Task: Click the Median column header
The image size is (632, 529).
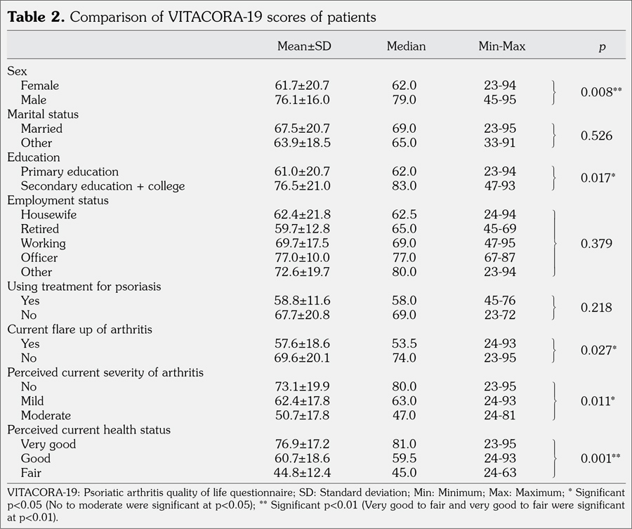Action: (x=406, y=46)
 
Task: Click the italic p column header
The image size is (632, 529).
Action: (x=602, y=47)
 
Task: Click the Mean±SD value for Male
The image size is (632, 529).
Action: (x=302, y=100)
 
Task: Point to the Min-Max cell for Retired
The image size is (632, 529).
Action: (x=500, y=228)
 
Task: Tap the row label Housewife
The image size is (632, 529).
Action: (x=48, y=214)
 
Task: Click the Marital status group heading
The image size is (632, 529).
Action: (x=43, y=114)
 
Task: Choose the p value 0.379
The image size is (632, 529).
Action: (x=597, y=243)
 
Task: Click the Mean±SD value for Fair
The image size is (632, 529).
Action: (x=302, y=472)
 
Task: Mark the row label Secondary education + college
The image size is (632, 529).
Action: (x=103, y=185)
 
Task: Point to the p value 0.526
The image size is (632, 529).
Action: (x=597, y=136)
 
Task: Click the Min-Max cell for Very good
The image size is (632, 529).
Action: (x=500, y=444)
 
